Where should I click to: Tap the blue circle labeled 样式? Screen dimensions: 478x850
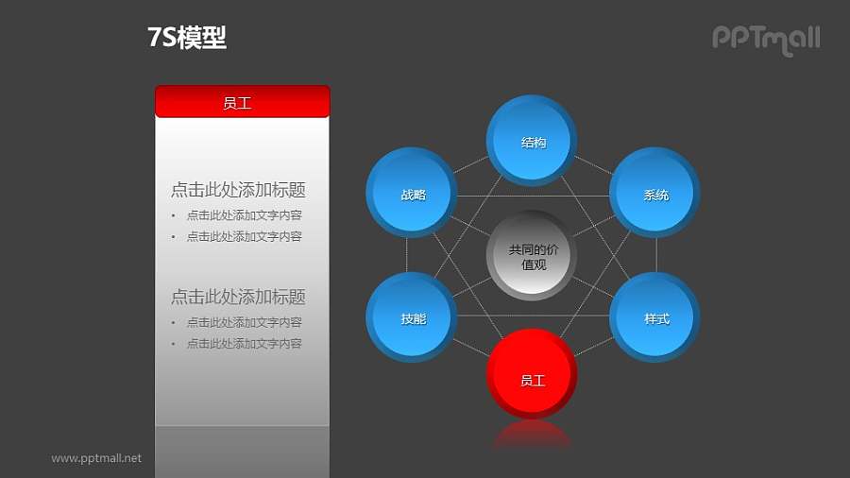point(655,317)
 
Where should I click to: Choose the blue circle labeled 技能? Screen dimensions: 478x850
point(411,317)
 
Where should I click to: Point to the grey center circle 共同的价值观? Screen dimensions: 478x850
point(533,256)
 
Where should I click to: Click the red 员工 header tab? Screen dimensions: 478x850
point(242,102)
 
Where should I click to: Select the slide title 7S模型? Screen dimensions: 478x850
point(187,38)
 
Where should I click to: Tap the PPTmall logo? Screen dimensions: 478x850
point(765,39)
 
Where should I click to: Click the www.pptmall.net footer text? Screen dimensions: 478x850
point(96,458)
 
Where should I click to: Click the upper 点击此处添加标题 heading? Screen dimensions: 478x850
point(238,190)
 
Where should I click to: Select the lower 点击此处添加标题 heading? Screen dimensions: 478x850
point(238,297)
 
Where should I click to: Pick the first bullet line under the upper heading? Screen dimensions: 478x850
point(244,215)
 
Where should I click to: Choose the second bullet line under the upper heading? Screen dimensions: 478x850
point(244,236)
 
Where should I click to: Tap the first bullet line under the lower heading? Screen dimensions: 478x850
point(244,322)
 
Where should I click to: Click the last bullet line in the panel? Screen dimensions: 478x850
point(244,344)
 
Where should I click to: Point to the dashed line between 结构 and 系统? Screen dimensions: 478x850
point(594,165)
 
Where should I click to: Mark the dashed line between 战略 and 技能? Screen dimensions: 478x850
point(407,255)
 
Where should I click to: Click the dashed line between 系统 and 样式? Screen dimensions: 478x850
point(657,255)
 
